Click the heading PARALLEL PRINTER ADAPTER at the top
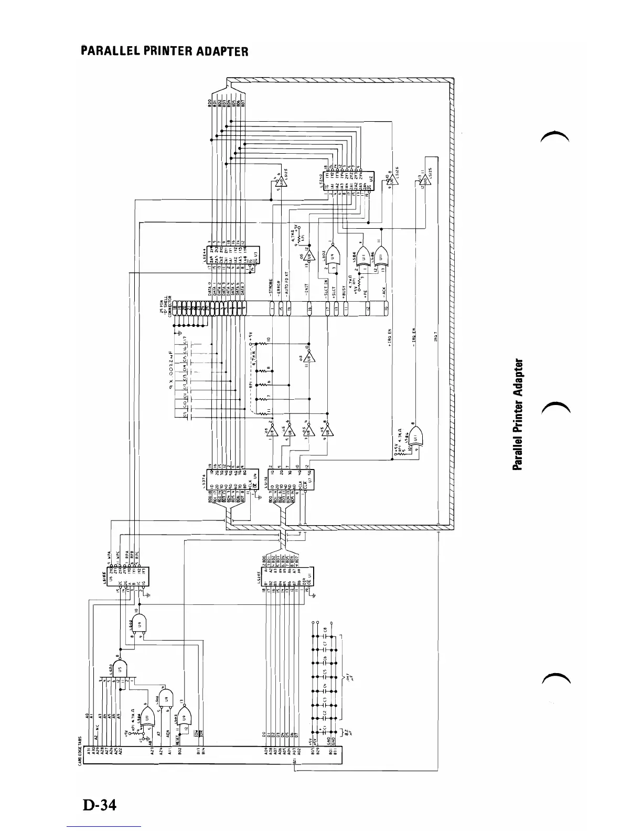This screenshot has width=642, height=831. tap(164, 51)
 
